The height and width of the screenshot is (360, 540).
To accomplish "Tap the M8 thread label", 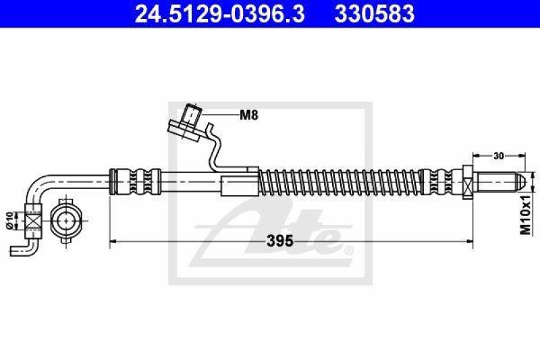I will point(248,115).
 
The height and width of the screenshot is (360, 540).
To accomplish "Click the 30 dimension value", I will point(498,156).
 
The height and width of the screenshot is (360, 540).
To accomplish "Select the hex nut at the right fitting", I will point(468,182).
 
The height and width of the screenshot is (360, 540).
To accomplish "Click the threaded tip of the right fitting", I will point(500,182).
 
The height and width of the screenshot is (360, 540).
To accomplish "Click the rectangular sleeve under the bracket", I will point(240,184).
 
